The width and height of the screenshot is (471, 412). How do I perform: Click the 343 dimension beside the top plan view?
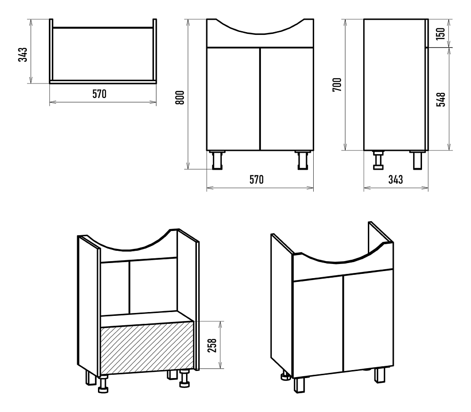click(23, 54)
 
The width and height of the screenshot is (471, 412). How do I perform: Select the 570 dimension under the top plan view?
click(99, 94)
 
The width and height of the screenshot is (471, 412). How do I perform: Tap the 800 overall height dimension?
click(179, 97)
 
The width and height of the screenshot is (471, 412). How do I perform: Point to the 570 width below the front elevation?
click(257, 180)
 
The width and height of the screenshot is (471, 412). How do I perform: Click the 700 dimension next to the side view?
click(337, 84)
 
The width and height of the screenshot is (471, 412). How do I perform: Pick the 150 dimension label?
click(441, 33)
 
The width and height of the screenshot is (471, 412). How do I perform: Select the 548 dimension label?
click(441, 99)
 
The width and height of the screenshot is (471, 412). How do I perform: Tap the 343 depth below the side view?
click(396, 180)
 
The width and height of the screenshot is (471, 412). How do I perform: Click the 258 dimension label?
click(212, 345)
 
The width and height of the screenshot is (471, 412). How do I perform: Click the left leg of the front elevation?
click(217, 160)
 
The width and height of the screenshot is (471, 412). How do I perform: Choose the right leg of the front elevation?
click(303, 160)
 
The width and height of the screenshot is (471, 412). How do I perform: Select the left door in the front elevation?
click(233, 99)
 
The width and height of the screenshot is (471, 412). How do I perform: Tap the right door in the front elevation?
click(287, 99)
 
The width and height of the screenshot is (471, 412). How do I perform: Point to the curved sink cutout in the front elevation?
click(260, 26)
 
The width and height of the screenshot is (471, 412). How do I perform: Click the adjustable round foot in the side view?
click(378, 160)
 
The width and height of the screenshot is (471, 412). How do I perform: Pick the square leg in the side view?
click(417, 160)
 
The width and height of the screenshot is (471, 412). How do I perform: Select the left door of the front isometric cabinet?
click(318, 327)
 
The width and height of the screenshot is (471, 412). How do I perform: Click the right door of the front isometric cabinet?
click(368, 321)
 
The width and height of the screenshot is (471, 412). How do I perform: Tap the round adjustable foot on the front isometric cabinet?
click(285, 375)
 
